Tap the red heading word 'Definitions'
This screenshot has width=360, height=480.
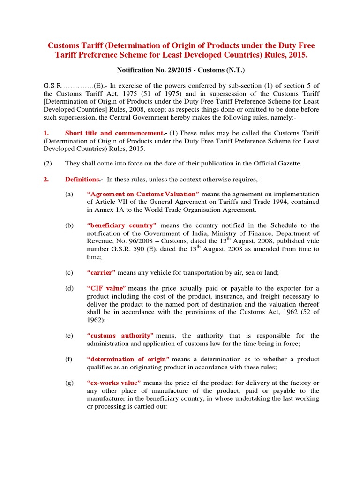pyautogui.click(x=82, y=179)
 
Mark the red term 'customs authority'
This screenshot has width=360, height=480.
pyautogui.click(x=120, y=335)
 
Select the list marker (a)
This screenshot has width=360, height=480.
pyautogui.click(x=69, y=194)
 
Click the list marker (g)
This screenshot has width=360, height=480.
pyautogui.click(x=69, y=383)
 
